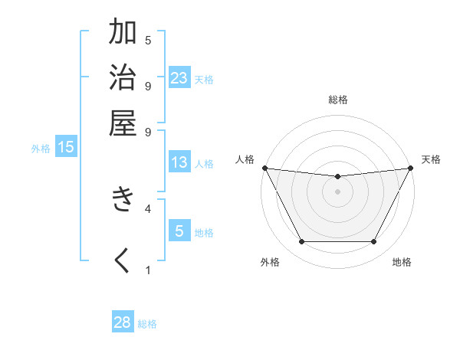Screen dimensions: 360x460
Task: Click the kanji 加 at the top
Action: pos(123,33)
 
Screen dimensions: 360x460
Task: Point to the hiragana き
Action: pos(123,200)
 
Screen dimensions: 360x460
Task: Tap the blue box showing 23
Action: pos(179,78)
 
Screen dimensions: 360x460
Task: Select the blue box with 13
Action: pos(179,162)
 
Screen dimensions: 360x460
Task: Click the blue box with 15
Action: pos(66,148)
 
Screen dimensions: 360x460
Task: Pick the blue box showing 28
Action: pos(122,322)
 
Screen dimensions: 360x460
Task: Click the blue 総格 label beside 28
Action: pos(147,324)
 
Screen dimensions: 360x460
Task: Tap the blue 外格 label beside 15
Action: pos(41,149)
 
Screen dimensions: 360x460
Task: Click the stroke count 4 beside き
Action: pos(148,208)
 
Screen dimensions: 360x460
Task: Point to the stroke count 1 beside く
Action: pos(148,270)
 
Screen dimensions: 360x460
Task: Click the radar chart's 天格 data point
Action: pos(410,168)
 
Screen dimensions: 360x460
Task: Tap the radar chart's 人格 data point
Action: pos(264,168)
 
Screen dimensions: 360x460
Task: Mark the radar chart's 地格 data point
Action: pos(374,242)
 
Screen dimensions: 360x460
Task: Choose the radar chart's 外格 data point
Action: pos(301,242)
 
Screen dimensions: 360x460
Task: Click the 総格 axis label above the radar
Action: pos(338,100)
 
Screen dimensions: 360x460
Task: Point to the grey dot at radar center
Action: pos(337,191)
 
